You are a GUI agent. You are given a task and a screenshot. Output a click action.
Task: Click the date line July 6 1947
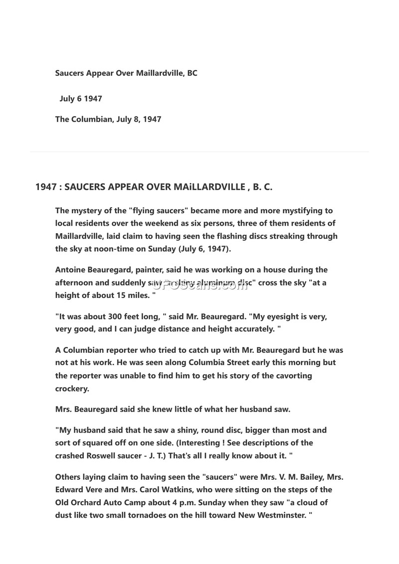tap(81, 99)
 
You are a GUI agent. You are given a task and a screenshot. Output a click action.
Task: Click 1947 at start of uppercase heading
tap(45, 187)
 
